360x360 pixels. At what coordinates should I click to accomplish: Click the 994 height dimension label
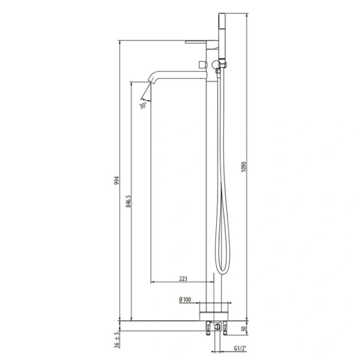(118, 181)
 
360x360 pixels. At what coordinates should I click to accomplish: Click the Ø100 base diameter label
(185, 299)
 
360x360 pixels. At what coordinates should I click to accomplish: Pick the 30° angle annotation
(143, 106)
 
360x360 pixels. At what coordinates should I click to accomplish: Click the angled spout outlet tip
(144, 94)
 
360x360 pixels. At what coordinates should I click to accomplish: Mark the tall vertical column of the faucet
(212, 180)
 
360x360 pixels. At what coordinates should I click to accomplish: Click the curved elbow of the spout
(151, 76)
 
